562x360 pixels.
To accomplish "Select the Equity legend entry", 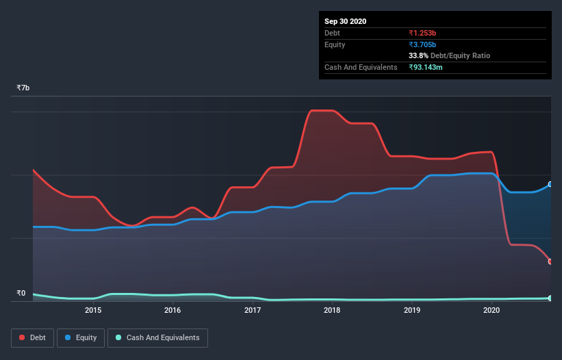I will point(81,337).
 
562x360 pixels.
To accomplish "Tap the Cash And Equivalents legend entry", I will point(157,337).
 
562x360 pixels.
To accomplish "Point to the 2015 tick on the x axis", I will point(93,310).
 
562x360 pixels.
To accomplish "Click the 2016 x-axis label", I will point(173,310).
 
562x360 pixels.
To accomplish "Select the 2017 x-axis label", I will point(253,310).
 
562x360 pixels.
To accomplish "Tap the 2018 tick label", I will point(332,310).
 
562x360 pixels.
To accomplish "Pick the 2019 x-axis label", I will point(412,310).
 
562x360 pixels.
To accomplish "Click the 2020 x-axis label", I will point(491,310).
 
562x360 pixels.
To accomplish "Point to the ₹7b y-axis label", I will point(23,88).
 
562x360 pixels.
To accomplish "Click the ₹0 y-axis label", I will point(21,293).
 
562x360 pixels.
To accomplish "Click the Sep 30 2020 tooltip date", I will point(345,21).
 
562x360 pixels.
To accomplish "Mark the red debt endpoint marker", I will point(550,261).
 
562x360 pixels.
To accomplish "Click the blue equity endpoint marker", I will point(550,185).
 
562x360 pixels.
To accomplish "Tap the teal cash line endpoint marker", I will point(550,298).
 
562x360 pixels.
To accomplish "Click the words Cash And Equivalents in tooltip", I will point(361,67).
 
